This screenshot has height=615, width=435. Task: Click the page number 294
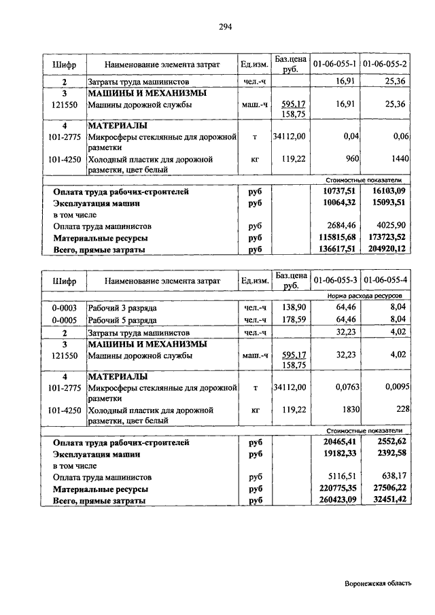click(x=226, y=27)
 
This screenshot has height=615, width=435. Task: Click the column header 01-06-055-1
click(x=335, y=63)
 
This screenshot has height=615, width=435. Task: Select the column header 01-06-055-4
click(x=385, y=280)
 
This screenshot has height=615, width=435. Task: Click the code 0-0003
click(x=64, y=308)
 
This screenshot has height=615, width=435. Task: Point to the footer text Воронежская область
click(x=378, y=583)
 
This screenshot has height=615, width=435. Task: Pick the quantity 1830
click(x=348, y=410)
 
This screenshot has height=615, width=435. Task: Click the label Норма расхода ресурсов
click(x=364, y=296)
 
